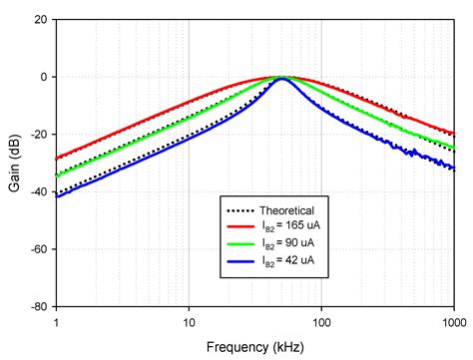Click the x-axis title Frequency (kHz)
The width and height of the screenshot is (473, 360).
(x=255, y=348)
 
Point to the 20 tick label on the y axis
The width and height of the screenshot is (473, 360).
(x=39, y=19)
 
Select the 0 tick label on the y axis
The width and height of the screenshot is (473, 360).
(x=42, y=77)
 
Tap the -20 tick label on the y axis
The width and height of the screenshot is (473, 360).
(x=37, y=134)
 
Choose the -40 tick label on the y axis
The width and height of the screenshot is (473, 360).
(x=37, y=191)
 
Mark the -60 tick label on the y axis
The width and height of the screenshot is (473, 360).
(x=37, y=248)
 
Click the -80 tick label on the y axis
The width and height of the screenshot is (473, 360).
(x=37, y=306)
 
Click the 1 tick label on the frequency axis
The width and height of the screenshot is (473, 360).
(x=56, y=322)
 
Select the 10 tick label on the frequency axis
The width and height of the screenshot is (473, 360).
(x=189, y=322)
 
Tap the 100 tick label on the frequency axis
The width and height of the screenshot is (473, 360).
(x=321, y=322)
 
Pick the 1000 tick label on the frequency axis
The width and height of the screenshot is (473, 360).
(x=453, y=322)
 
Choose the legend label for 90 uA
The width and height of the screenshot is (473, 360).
(x=287, y=243)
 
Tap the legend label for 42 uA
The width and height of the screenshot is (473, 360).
(x=287, y=259)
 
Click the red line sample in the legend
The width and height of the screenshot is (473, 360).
(x=239, y=226)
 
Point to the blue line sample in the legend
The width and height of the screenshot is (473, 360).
(x=239, y=259)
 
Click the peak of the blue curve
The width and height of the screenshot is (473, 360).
(x=283, y=79)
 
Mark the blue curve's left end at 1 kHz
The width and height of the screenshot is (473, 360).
(x=57, y=196)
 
